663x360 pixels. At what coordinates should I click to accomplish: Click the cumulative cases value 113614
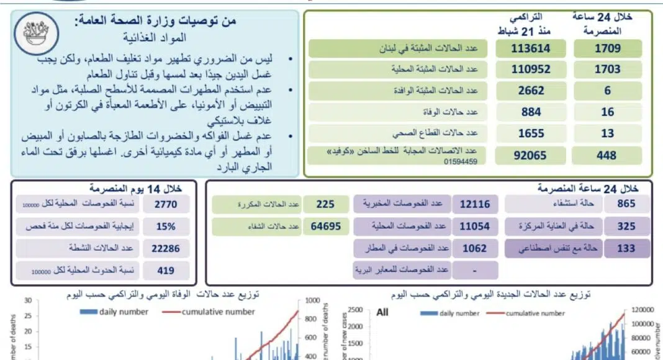[530, 48]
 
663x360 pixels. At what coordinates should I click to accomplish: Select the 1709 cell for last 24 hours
[607, 48]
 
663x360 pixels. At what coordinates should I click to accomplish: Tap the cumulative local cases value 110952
[530, 70]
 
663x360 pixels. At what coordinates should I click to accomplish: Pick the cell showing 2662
[530, 91]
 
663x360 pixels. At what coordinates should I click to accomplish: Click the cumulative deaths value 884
[530, 112]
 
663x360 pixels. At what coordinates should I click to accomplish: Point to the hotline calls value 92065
[530, 155]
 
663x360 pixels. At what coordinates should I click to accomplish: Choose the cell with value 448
[607, 155]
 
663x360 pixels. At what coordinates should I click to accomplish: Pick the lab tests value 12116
[475, 205]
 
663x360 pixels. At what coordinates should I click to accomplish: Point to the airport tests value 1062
[475, 248]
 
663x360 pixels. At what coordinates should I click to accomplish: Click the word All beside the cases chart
[382, 312]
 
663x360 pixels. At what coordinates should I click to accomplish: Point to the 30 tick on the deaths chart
[27, 300]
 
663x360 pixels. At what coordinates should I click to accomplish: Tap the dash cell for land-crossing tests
[475, 270]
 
